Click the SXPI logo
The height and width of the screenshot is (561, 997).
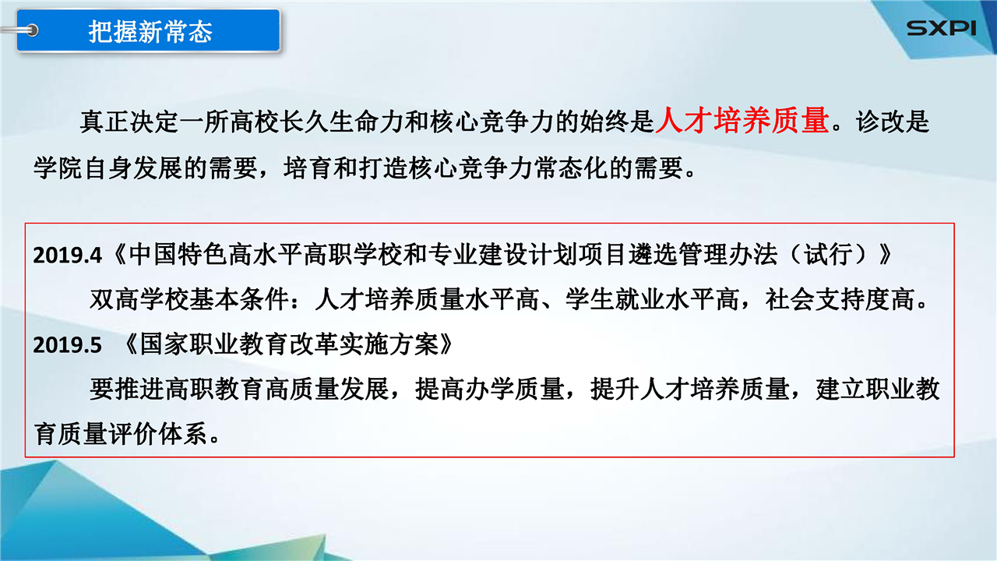[942, 29]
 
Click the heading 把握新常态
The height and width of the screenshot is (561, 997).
[150, 32]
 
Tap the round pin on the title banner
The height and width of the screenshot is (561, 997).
[32, 30]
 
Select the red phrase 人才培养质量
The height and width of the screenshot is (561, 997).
[742, 120]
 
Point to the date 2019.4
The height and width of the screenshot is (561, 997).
[67, 256]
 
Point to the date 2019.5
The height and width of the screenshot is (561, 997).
[67, 345]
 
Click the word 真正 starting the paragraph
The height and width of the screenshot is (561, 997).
[104, 122]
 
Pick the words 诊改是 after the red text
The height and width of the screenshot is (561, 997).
[892, 122]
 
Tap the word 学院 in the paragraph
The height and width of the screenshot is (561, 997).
[58, 168]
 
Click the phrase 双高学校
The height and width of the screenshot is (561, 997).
[139, 299]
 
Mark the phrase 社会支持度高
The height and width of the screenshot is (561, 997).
[840, 299]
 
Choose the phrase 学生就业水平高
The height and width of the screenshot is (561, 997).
[652, 299]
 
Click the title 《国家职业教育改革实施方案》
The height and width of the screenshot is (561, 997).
[287, 344]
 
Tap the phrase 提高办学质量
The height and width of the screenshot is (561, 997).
[489, 389]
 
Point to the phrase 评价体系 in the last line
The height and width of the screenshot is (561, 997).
[158, 434]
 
